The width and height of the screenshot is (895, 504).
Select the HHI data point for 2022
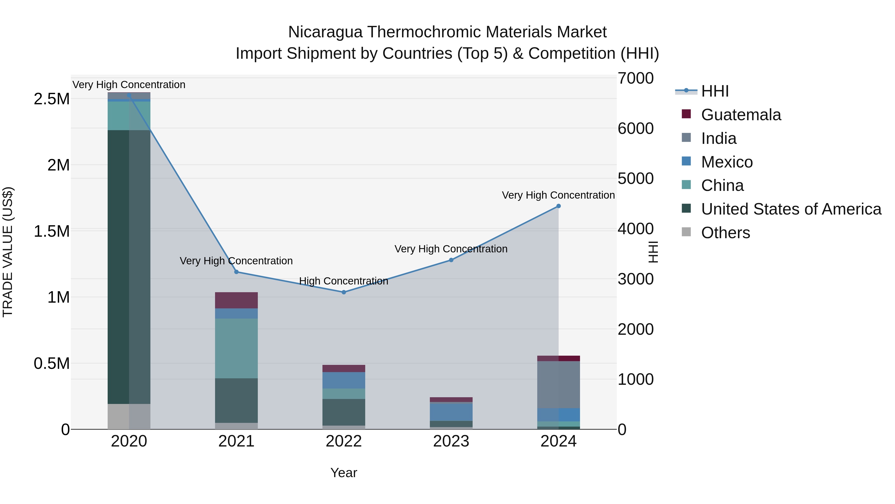(x=344, y=292)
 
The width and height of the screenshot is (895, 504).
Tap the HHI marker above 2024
(x=558, y=206)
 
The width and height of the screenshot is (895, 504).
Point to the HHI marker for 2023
(x=451, y=260)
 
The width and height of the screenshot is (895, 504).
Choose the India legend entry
(x=718, y=138)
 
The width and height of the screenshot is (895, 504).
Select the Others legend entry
(x=725, y=233)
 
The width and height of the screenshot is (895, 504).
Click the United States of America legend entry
(x=791, y=209)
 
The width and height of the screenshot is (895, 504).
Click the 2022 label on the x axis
(x=344, y=441)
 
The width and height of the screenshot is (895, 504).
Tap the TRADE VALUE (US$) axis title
(x=8, y=252)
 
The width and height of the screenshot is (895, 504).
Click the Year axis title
(x=344, y=473)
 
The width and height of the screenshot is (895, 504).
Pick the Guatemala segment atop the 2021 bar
(x=236, y=300)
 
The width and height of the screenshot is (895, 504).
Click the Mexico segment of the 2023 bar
(x=451, y=412)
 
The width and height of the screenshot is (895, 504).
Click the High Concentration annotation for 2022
(x=344, y=281)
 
